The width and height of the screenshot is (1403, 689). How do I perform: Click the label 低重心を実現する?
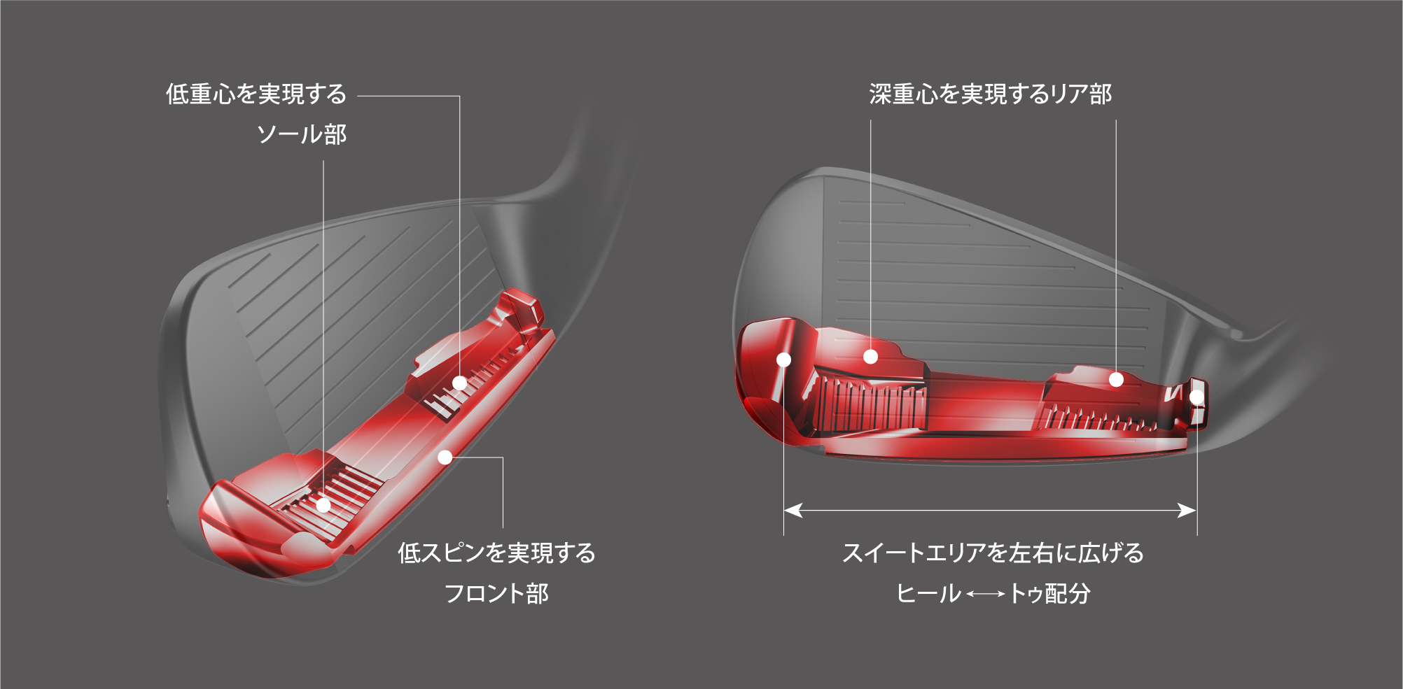[256, 94]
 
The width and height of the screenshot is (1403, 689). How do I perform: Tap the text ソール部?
[302, 134]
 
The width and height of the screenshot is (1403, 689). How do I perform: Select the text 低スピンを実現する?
[496, 553]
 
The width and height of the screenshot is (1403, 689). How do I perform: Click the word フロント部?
[496, 593]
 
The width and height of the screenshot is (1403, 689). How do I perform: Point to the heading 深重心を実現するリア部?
[990, 94]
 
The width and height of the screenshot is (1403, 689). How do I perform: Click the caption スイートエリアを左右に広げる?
[993, 553]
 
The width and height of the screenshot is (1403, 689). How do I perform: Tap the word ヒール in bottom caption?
[928, 593]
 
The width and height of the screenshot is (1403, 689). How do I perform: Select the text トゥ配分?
[1049, 593]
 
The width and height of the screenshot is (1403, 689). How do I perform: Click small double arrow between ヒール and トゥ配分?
[985, 594]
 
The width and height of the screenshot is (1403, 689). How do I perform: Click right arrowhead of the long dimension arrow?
[1187, 510]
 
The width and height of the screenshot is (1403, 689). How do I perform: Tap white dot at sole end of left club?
[323, 505]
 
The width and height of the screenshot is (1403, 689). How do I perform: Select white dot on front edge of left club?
[445, 457]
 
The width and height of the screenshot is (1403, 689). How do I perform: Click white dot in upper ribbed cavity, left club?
[459, 383]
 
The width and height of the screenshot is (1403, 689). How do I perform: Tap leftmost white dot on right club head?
[784, 360]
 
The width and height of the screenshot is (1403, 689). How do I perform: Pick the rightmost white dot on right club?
[1196, 397]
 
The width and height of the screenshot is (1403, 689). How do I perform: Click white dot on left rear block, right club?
[870, 357]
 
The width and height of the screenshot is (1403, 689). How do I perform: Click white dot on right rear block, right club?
[1116, 379]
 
